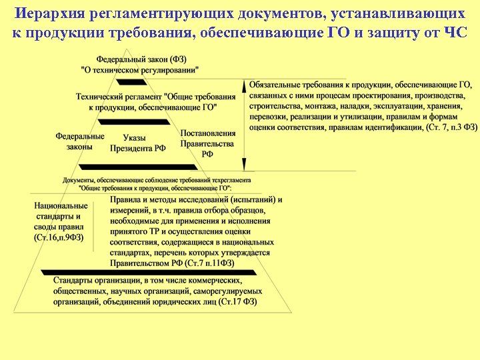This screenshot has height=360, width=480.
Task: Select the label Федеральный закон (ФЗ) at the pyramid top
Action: (141, 60)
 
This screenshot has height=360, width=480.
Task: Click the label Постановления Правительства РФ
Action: (207, 143)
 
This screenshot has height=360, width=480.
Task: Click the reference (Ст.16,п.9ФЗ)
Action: (59, 238)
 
